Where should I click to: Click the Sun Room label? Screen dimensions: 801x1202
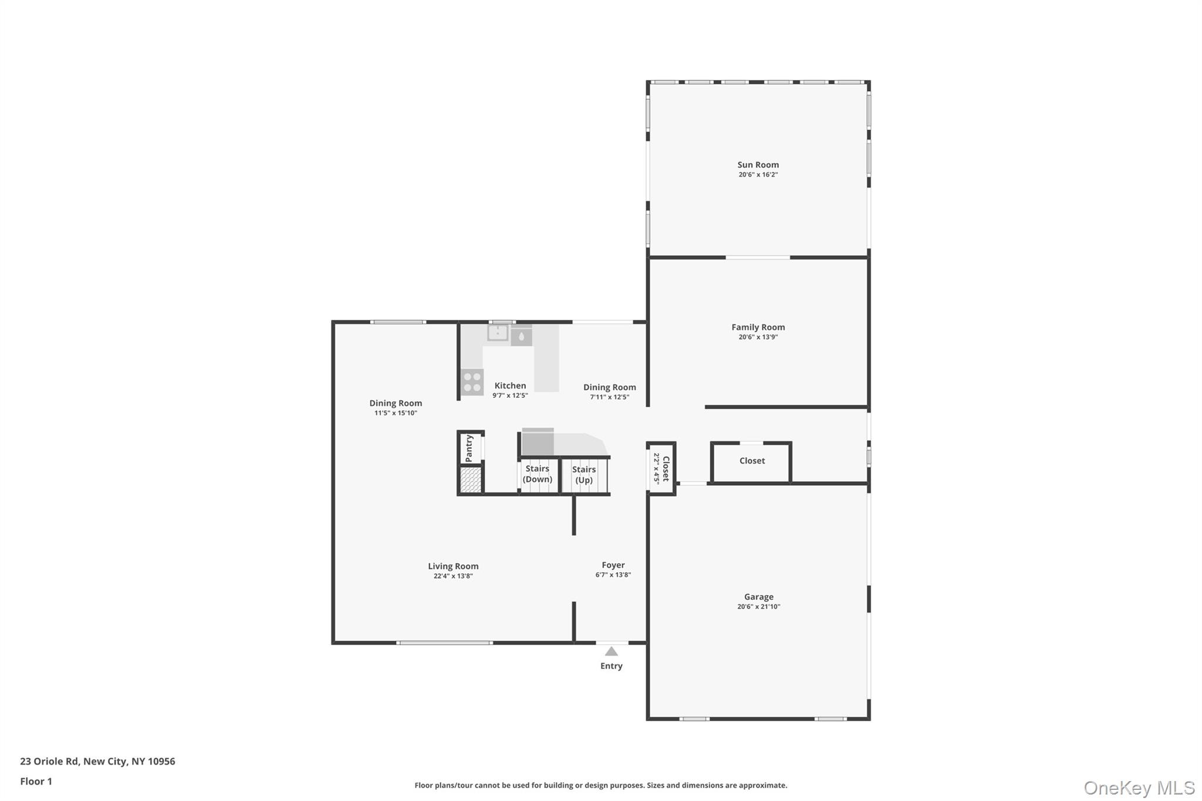[758, 165]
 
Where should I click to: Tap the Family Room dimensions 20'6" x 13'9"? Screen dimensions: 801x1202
[758, 337]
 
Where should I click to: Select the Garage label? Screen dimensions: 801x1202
[758, 597]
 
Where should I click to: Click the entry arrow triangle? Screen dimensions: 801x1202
[611, 651]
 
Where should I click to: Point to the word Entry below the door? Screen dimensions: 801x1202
[611, 666]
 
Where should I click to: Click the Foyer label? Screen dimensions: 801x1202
[613, 565]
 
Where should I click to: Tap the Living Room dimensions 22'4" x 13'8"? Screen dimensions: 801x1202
[453, 576]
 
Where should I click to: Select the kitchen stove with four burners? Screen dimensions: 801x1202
[472, 381]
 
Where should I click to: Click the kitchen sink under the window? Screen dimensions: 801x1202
[498, 333]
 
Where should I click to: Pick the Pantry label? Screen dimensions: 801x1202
[469, 448]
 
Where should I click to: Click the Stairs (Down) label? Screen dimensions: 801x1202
[538, 474]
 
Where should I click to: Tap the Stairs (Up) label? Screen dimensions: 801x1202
[584, 475]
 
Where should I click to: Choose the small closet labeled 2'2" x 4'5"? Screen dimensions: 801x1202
[661, 468]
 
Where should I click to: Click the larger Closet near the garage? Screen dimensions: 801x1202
[752, 461]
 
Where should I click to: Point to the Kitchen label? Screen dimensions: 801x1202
[510, 386]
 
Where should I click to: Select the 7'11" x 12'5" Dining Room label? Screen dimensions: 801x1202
[609, 387]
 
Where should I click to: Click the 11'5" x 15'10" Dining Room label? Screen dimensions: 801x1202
[396, 403]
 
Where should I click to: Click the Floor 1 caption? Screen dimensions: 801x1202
[36, 782]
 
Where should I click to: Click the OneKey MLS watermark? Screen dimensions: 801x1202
[1139, 788]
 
